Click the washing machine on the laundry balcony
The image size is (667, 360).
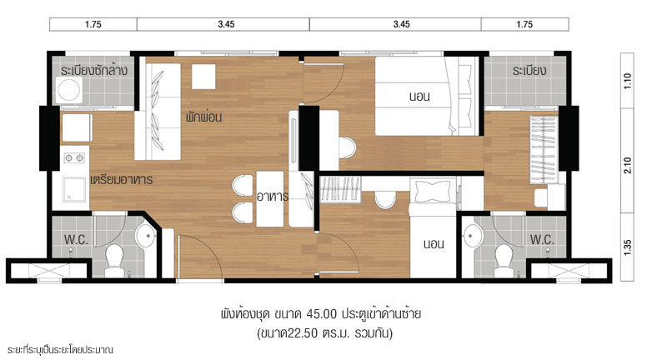click(68, 90)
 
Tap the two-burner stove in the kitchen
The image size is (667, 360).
click(74, 158)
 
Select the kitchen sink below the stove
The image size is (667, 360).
click(74, 189)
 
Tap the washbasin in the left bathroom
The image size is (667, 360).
click(145, 235)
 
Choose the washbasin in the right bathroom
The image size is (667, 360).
click(473, 235)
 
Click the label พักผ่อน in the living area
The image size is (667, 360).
click(203, 117)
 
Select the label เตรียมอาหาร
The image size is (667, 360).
click(121, 180)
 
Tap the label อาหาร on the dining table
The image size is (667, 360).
click(273, 197)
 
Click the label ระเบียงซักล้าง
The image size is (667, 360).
click(93, 71)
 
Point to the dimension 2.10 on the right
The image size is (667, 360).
click(628, 165)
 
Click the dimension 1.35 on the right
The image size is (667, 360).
click(628, 247)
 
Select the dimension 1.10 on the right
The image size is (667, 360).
click(628, 81)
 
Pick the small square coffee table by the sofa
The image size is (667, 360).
click(203, 77)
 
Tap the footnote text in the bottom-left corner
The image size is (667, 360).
click(59, 350)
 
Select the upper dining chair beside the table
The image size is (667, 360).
click(243, 186)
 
